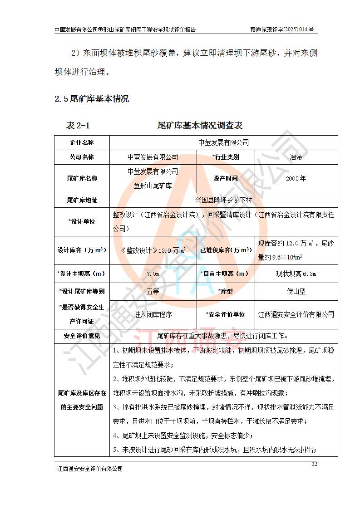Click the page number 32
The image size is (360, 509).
pos(314,463)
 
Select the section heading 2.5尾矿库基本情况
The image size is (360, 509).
pos(91,98)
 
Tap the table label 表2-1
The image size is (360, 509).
pos(78,125)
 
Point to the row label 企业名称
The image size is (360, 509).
pos(82,142)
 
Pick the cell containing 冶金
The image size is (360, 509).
pos(296,157)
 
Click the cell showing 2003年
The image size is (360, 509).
pos(296,178)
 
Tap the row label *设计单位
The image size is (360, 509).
pos(82,221)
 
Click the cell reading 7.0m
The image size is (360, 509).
pos(153,274)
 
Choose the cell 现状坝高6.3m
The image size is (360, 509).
pos(296,274)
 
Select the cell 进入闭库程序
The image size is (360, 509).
pos(153,314)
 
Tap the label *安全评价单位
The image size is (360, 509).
pos(226,314)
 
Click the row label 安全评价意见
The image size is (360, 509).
pos(82,336)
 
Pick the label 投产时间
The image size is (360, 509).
pos(226,178)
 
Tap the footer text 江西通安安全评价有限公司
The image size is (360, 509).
pos(89,468)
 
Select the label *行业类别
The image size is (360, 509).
pos(226,157)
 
